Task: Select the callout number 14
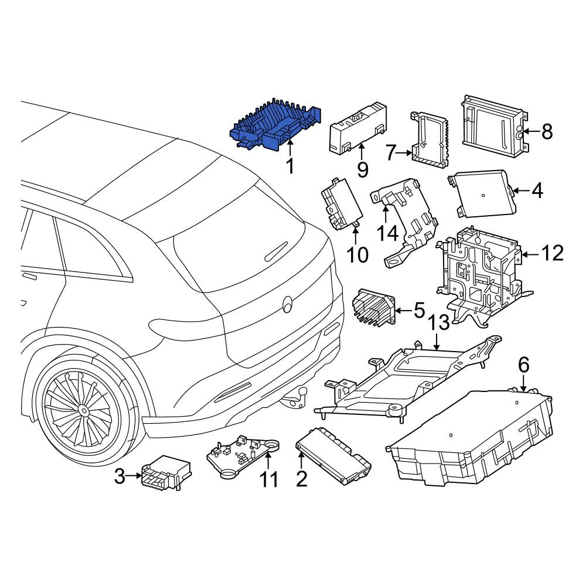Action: click(x=387, y=234)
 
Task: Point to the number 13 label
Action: click(x=438, y=322)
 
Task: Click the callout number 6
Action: click(x=524, y=364)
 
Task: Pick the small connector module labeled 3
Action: click(x=166, y=472)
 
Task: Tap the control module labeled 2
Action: click(x=333, y=455)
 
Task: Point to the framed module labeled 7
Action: click(x=430, y=138)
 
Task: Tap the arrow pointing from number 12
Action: click(x=530, y=254)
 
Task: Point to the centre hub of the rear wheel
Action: click(x=84, y=411)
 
